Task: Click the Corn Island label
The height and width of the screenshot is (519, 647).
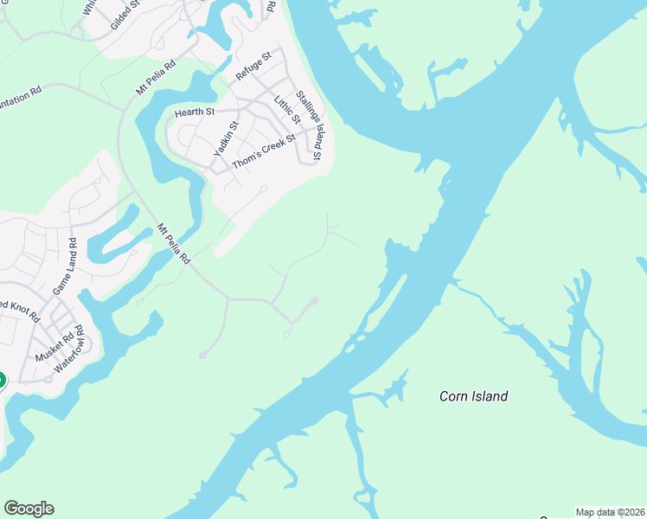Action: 473,396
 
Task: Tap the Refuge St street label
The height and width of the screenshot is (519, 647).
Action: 253,67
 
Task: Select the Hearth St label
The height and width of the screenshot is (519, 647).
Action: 194,112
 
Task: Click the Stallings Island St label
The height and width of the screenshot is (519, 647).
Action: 309,125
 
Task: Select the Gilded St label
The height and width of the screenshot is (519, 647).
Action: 126,16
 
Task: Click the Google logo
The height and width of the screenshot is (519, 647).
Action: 29,509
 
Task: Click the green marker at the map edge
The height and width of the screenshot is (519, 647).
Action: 2,380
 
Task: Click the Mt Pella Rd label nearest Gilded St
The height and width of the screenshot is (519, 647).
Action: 156,77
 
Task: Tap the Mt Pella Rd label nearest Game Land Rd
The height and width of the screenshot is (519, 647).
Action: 173,243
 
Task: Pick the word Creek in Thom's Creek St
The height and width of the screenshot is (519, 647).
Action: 277,144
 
